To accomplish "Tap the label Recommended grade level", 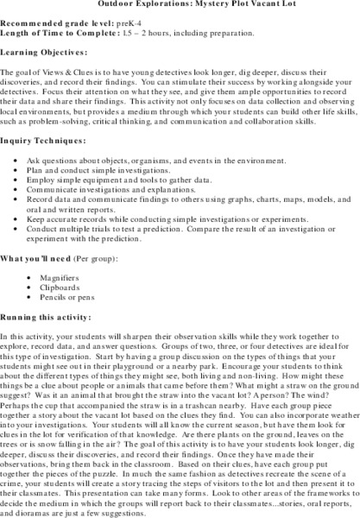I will (60, 22).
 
